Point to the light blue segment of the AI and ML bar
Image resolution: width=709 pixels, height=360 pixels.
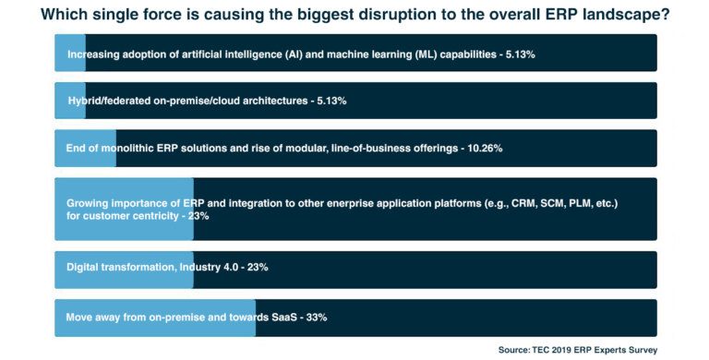tap(60, 54)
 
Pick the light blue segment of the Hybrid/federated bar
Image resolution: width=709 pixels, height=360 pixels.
tap(60, 100)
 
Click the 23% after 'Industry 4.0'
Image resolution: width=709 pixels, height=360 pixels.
tap(256, 267)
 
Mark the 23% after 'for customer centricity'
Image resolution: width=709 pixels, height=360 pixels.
tap(198, 216)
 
